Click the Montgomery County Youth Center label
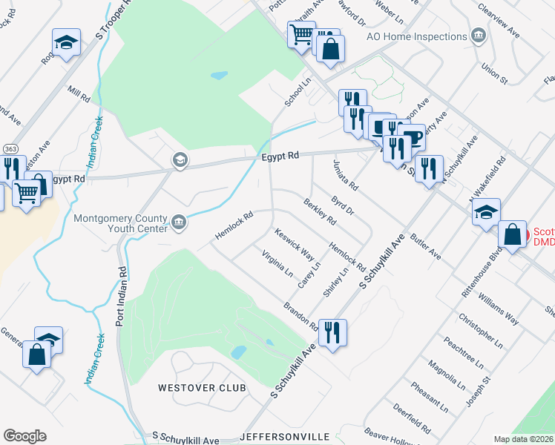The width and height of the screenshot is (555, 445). pos(121,225)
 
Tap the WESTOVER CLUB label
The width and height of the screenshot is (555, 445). pos(201,388)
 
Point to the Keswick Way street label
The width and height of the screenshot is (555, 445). pos(294,245)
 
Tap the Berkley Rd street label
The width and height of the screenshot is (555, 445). pos(320,211)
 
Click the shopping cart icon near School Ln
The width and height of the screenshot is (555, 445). pos(301,34)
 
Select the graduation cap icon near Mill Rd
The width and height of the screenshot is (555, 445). pos(66,43)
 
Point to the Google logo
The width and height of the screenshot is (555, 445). pos(24,436)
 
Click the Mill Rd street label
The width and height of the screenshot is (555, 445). pos(78,94)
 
